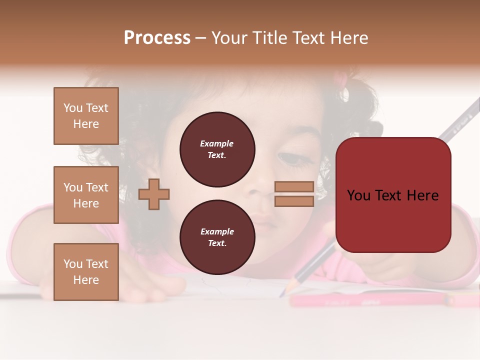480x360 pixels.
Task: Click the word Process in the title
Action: [157, 37]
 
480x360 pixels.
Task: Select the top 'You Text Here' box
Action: [86, 116]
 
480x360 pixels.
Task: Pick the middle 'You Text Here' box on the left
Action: [86, 195]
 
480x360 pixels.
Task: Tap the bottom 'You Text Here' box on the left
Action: [86, 272]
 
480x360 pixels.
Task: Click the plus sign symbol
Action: [154, 194]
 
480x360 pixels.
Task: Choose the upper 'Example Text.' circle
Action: [217, 149]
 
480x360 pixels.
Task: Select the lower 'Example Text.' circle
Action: [217, 237]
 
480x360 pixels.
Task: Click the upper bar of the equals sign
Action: [294, 187]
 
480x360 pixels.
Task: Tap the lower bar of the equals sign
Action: [294, 201]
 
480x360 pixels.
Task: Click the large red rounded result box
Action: [393, 195]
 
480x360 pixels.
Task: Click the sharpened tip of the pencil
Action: [283, 293]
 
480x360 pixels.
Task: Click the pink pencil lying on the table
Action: [370, 299]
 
